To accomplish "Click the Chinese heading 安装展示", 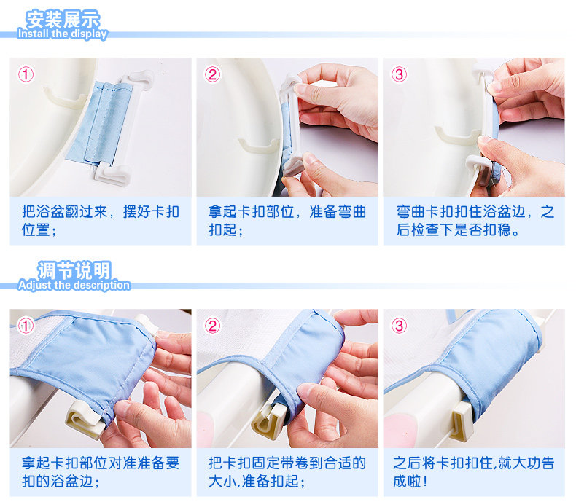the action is click(x=63, y=19).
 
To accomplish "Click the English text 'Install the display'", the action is click(x=62, y=34).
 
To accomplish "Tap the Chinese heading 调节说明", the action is click(x=74, y=270).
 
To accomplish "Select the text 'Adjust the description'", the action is click(x=74, y=285).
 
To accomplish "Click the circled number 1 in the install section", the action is click(x=26, y=74).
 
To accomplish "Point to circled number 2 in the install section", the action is click(x=213, y=74).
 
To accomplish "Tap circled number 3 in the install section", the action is click(x=400, y=74).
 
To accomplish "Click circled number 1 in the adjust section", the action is click(x=26, y=326).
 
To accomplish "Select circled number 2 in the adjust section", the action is click(x=213, y=326).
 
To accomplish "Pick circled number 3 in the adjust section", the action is click(x=400, y=326).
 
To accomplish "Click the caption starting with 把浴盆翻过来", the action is click(x=101, y=221).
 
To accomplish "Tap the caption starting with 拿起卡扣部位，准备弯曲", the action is click(x=287, y=221).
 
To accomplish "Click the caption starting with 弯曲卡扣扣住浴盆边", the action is click(x=475, y=221).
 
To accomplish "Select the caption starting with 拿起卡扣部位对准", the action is click(x=101, y=472).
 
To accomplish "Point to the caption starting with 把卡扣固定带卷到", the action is click(x=287, y=472).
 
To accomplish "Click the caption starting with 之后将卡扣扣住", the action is click(x=473, y=472).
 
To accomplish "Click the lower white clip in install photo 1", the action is click(x=112, y=175).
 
